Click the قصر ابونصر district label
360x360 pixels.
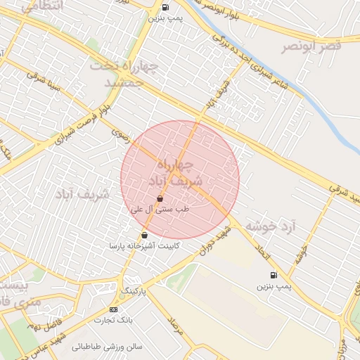311,46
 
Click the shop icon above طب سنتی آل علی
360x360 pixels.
161,199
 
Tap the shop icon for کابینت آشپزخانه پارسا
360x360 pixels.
144,235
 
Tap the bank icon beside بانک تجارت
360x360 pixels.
114,309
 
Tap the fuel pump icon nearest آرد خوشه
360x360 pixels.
273,275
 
